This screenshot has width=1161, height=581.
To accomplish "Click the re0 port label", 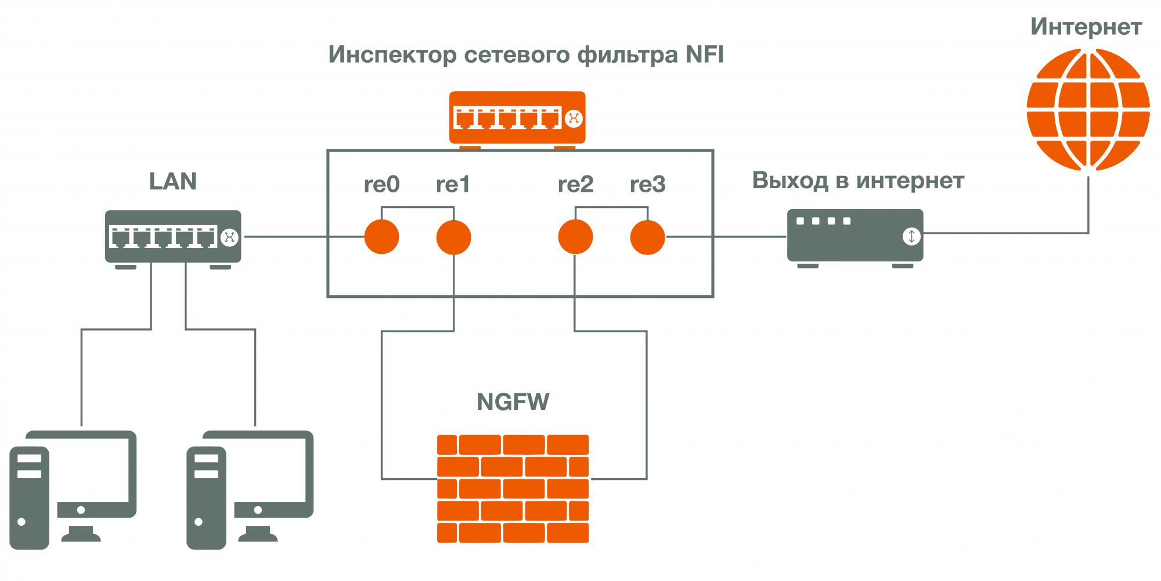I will [381, 185].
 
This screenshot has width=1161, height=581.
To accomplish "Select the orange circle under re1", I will [453, 237].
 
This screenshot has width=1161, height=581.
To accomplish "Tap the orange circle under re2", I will [575, 237].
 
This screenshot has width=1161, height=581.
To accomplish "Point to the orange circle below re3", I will [647, 237].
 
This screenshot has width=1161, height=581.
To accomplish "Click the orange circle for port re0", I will [381, 237].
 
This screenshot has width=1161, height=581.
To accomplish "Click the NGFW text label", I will [513, 402].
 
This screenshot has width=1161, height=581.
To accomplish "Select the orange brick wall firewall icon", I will [513, 488].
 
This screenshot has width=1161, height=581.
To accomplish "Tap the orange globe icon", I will [1088, 110].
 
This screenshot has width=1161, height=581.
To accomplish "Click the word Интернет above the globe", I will [1086, 27].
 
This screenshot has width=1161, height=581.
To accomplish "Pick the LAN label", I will [173, 181].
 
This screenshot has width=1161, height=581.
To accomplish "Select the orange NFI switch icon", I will [517, 118].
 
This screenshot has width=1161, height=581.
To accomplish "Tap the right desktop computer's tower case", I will [207, 497].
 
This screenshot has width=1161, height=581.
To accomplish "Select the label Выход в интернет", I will [858, 181].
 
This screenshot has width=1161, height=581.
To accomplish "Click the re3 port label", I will [647, 185].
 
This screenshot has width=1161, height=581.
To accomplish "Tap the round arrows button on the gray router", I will [911, 236].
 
